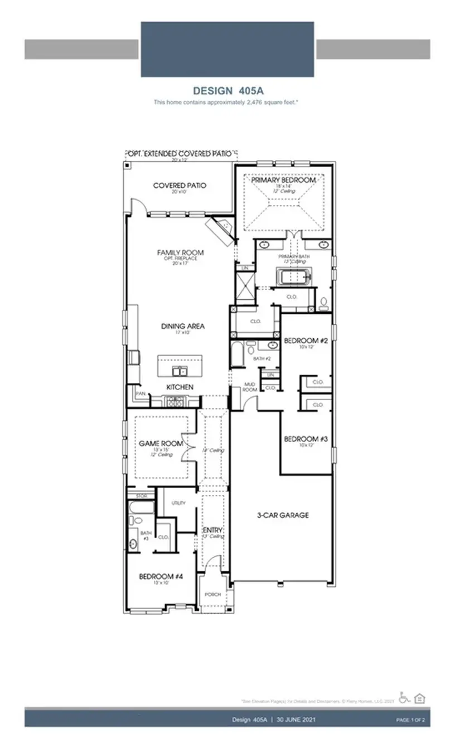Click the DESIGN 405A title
(x=227, y=91)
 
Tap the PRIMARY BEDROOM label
(x=283, y=180)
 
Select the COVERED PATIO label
(x=180, y=185)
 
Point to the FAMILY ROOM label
(x=180, y=252)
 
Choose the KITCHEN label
(x=180, y=387)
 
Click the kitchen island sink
(x=179, y=371)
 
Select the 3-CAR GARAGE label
(x=283, y=515)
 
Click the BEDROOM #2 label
(x=305, y=340)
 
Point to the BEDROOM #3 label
(x=306, y=439)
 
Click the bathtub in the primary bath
(x=293, y=276)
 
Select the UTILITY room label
(x=178, y=503)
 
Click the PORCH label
(x=212, y=594)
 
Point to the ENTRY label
(x=212, y=529)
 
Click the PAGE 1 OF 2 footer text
(x=410, y=721)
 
